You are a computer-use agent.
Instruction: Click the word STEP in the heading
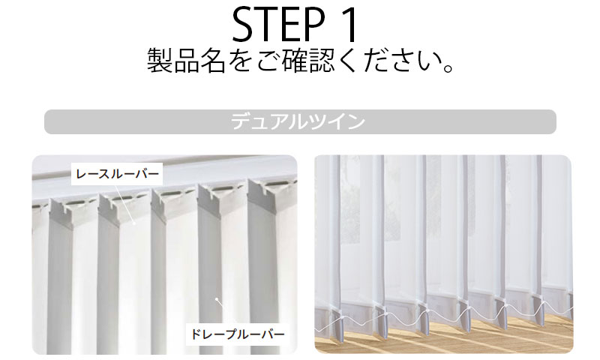[x=278, y=24]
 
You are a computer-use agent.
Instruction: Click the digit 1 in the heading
[x=348, y=24]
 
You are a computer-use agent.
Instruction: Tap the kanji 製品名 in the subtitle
[x=186, y=61]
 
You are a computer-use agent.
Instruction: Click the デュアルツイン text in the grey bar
[x=298, y=121]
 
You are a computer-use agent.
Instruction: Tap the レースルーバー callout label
[x=117, y=174]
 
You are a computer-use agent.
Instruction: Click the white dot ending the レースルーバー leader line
[x=134, y=223]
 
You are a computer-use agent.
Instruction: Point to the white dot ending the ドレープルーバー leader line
[x=216, y=298]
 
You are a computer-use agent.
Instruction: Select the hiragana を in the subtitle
[x=241, y=61]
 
